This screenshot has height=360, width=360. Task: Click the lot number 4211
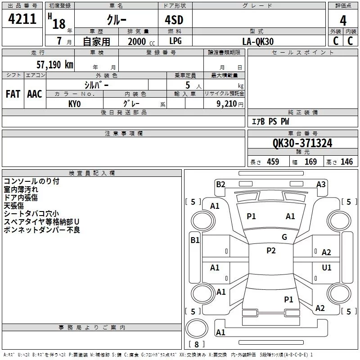click(x=22, y=19)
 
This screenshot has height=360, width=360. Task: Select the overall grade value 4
click(x=343, y=20)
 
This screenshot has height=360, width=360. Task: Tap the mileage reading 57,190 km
click(x=55, y=65)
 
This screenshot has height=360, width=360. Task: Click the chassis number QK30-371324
click(x=302, y=143)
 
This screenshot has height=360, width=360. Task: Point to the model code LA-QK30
click(x=258, y=41)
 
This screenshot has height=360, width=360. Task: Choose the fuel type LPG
click(x=175, y=41)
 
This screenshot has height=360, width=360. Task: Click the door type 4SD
click(x=174, y=20)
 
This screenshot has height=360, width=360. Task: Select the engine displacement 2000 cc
click(x=141, y=41)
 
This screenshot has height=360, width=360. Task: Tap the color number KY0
click(x=74, y=104)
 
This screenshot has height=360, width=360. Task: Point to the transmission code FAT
click(x=13, y=94)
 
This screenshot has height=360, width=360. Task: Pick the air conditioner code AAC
click(x=35, y=94)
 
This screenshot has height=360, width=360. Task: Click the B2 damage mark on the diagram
click(x=220, y=184)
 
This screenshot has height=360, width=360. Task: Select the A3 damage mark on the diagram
click(x=321, y=184)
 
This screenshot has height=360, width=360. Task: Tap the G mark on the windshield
click(x=284, y=237)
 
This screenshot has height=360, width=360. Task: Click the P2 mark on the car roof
click(x=271, y=251)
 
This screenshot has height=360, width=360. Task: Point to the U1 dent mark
click(x=327, y=267)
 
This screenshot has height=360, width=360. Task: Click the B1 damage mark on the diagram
click(x=195, y=240)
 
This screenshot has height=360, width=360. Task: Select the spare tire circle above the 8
click(x=197, y=328)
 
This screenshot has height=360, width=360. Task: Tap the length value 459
click(x=273, y=162)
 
